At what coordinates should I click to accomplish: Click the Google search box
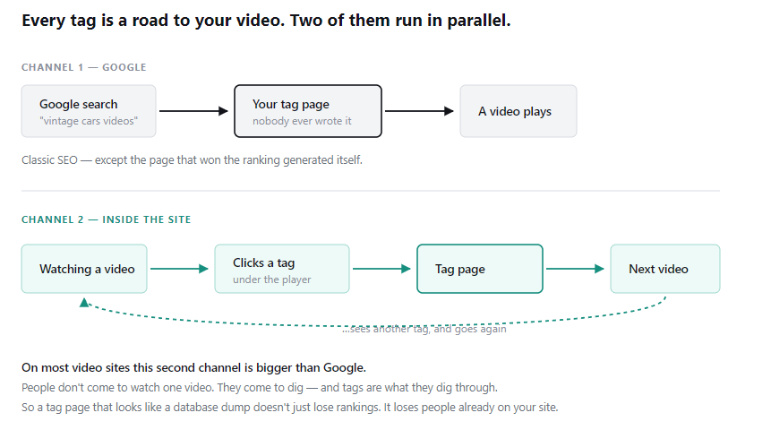(x=89, y=111)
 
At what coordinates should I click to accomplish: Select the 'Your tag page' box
(x=308, y=111)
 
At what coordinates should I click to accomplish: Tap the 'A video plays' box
(x=518, y=111)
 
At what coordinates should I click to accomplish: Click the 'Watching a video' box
(x=84, y=269)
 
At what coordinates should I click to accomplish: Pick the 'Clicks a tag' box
(x=282, y=269)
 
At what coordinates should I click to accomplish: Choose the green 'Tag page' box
(x=480, y=269)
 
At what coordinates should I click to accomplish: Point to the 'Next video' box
(x=665, y=269)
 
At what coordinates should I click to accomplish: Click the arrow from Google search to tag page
(x=193, y=111)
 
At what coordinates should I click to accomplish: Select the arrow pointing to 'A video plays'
(x=419, y=111)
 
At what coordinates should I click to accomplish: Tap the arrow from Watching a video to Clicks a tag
(x=179, y=269)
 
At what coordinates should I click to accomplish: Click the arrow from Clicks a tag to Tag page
(x=382, y=269)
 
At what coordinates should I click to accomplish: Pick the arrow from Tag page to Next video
(x=575, y=269)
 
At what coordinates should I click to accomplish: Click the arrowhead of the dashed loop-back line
(x=84, y=303)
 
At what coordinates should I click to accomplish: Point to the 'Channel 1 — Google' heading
(x=84, y=67)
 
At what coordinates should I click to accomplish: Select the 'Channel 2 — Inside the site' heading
(x=107, y=219)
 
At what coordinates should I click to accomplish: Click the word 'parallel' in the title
(x=476, y=21)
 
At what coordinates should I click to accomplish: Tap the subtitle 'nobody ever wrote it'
(x=302, y=121)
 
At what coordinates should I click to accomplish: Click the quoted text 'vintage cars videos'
(x=89, y=121)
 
